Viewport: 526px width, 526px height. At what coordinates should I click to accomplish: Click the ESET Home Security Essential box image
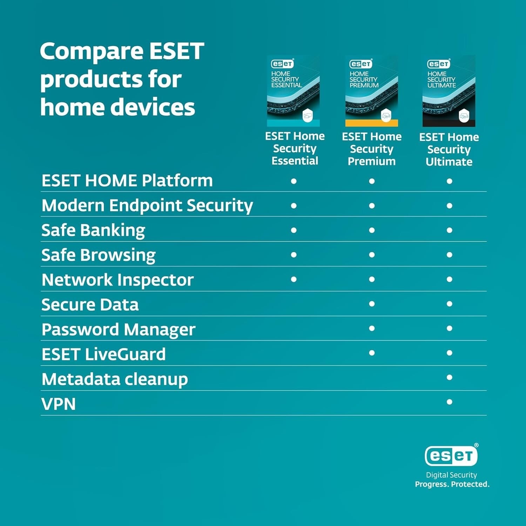click(x=293, y=91)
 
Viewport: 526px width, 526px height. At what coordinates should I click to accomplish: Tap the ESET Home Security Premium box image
click(x=372, y=91)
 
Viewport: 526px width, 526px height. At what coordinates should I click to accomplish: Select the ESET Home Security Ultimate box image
click(x=449, y=91)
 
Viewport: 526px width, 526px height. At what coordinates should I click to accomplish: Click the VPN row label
click(x=59, y=404)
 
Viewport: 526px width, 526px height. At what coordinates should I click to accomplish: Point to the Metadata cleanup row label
click(x=115, y=379)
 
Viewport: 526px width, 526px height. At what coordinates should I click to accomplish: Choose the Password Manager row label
click(x=118, y=330)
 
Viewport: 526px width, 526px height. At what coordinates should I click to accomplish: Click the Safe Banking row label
click(x=93, y=230)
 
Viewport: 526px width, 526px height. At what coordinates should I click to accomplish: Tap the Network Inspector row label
click(x=117, y=280)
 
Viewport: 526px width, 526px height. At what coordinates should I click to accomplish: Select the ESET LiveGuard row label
click(x=103, y=354)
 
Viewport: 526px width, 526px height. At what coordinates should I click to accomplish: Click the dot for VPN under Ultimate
click(x=449, y=402)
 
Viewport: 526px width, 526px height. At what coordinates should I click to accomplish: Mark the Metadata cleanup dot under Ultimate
click(x=449, y=377)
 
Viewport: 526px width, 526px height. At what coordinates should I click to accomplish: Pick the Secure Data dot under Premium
click(x=372, y=304)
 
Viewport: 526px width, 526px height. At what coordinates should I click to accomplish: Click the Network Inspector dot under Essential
click(x=294, y=279)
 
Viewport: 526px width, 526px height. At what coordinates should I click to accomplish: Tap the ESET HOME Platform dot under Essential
click(x=294, y=181)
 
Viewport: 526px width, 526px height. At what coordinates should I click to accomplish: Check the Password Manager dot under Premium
click(x=372, y=328)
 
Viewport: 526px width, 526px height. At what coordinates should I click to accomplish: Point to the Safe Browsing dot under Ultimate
click(x=449, y=255)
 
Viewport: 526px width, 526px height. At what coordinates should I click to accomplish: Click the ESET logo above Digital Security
click(x=451, y=456)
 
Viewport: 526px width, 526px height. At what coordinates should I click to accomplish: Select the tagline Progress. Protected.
click(x=452, y=484)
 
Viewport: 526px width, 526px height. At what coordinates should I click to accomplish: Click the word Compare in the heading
click(x=92, y=52)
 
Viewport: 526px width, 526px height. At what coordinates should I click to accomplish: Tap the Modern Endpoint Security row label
click(x=147, y=205)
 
